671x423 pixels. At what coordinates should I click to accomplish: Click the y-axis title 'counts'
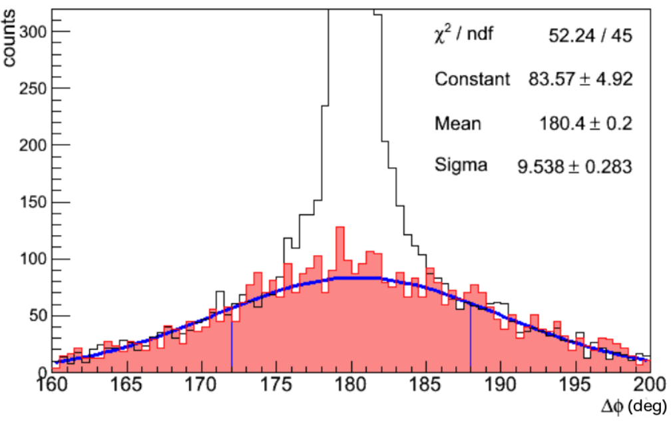[x=9, y=39]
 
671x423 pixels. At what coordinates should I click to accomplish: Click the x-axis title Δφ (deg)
[x=634, y=406]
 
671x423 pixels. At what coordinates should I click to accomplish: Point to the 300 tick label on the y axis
[x=33, y=31]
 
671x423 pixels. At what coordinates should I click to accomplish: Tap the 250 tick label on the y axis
[x=33, y=89]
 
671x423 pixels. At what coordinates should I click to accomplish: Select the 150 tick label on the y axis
[x=33, y=202]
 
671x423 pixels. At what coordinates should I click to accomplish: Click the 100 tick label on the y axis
[x=33, y=259]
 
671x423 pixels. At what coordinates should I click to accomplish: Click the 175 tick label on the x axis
[x=276, y=384]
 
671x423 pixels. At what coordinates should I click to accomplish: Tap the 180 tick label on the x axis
[x=351, y=384]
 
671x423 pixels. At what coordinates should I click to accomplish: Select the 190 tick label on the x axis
[x=501, y=384]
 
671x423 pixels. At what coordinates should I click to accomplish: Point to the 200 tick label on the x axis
[x=650, y=384]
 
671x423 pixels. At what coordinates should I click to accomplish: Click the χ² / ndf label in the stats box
[x=463, y=34]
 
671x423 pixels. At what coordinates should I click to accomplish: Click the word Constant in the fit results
[x=473, y=79]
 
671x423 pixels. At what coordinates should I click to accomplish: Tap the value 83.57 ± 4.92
[x=580, y=79]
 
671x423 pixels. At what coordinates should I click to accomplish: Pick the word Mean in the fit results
[x=458, y=124]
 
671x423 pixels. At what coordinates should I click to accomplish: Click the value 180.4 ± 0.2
[x=585, y=124]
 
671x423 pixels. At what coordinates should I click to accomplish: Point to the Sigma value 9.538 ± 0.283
[x=574, y=167]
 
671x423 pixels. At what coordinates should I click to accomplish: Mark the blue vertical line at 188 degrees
[x=471, y=337]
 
